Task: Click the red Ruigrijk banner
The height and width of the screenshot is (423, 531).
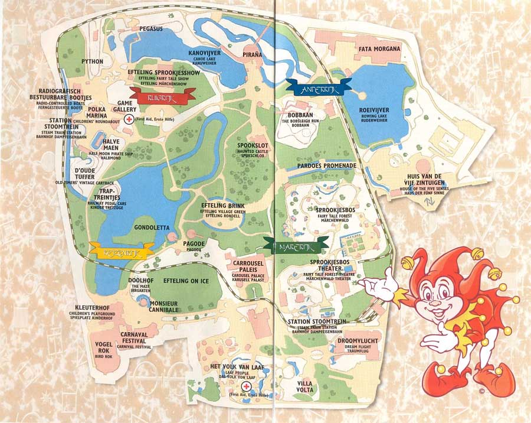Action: pos(158,94)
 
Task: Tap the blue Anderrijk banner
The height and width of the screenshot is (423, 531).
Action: pos(319,86)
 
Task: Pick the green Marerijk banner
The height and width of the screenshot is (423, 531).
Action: pos(296,244)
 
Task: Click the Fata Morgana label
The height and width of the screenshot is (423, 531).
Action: pos(379,48)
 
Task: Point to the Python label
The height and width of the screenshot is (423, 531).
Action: pos(92,61)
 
